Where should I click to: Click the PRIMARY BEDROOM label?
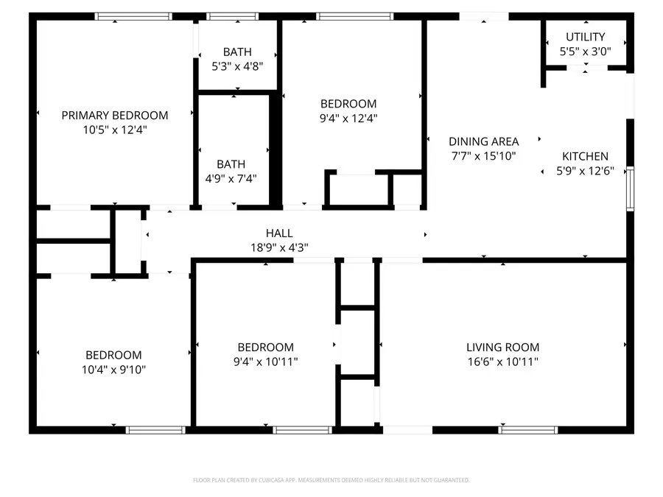click(x=114, y=115)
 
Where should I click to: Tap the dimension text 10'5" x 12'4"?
click(x=114, y=129)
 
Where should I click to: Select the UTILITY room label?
click(x=586, y=37)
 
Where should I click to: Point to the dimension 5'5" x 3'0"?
click(x=586, y=51)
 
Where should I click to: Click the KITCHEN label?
click(x=586, y=156)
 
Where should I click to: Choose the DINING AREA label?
click(x=484, y=141)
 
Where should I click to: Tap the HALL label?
click(x=279, y=233)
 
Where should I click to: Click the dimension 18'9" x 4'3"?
click(x=279, y=247)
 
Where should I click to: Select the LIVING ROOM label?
click(x=502, y=348)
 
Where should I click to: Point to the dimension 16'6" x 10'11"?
click(x=502, y=362)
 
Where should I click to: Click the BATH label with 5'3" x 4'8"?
click(x=237, y=52)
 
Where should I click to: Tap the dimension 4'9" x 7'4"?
click(x=231, y=178)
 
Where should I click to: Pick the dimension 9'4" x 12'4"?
click(x=348, y=118)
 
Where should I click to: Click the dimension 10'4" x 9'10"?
click(x=113, y=369)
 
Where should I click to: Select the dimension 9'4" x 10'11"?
click(x=265, y=362)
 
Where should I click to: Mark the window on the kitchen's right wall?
click(x=630, y=189)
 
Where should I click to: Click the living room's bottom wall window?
click(x=528, y=429)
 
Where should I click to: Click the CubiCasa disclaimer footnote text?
click(x=331, y=480)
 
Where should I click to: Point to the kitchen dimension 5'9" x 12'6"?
click(x=586, y=170)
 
